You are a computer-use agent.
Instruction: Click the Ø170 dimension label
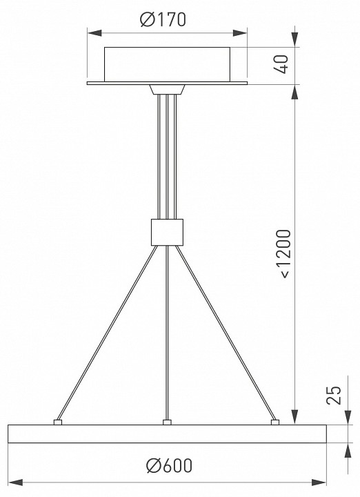[163, 19]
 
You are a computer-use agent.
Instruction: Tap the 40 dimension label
[281, 64]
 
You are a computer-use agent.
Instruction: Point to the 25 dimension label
[334, 395]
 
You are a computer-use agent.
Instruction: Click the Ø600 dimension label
[169, 465]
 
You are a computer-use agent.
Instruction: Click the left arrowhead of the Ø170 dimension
[94, 33]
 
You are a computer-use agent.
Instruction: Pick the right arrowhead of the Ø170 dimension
[240, 33]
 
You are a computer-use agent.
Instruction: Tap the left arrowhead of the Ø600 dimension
[16, 483]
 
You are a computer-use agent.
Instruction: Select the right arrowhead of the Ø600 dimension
[319, 483]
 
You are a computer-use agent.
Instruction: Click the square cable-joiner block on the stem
[167, 232]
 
